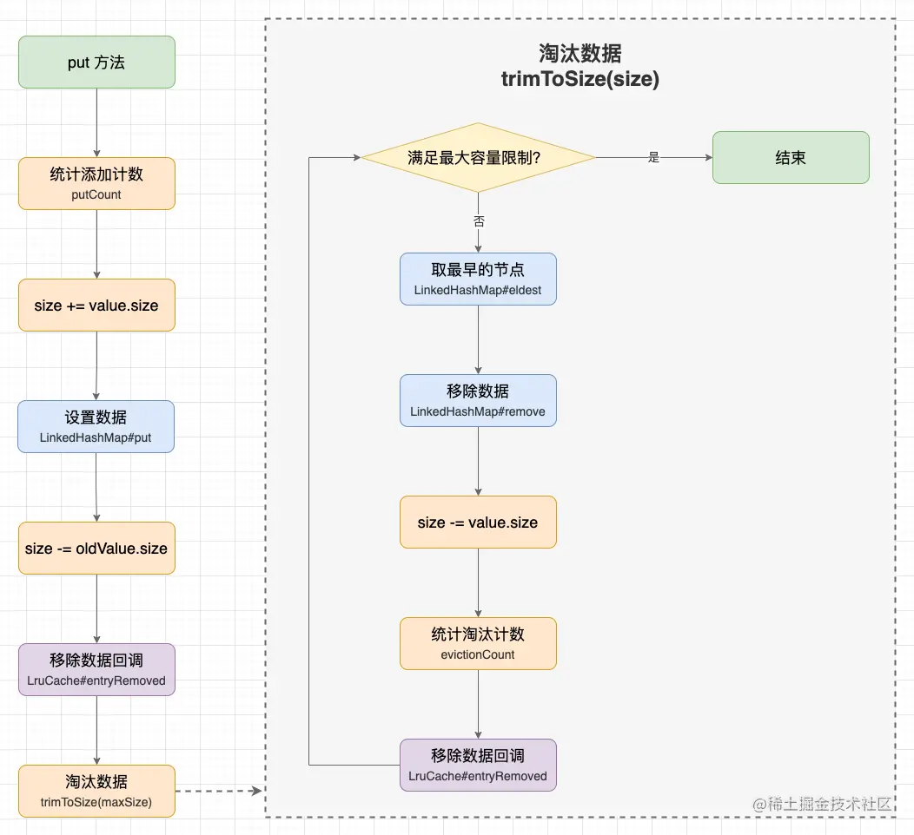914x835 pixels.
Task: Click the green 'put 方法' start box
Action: pyautogui.click(x=96, y=62)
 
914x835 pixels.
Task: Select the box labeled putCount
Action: pyautogui.click(x=96, y=183)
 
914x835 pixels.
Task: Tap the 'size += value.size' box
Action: pyautogui.click(x=96, y=305)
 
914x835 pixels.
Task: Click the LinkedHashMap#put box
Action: pyautogui.click(x=96, y=426)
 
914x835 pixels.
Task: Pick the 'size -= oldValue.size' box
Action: pyautogui.click(x=96, y=548)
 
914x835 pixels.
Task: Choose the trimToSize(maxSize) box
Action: pyautogui.click(x=96, y=791)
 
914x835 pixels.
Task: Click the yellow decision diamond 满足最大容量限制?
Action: pyautogui.click(x=478, y=158)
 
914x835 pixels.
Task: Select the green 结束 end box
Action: pyautogui.click(x=791, y=158)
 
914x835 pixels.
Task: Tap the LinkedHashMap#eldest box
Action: pyautogui.click(x=478, y=279)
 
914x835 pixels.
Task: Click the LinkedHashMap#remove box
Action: pyautogui.click(x=478, y=400)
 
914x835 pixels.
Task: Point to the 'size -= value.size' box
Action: pyautogui.click(x=478, y=522)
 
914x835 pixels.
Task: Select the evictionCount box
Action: pyautogui.click(x=478, y=643)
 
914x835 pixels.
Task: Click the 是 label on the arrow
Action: pyautogui.click(x=654, y=158)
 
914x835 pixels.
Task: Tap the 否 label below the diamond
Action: pyautogui.click(x=479, y=221)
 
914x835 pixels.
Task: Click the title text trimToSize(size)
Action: pyautogui.click(x=580, y=79)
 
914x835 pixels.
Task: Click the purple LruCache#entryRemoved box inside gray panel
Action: pyautogui.click(x=478, y=765)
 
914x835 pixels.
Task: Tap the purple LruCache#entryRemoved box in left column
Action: pyautogui.click(x=96, y=669)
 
